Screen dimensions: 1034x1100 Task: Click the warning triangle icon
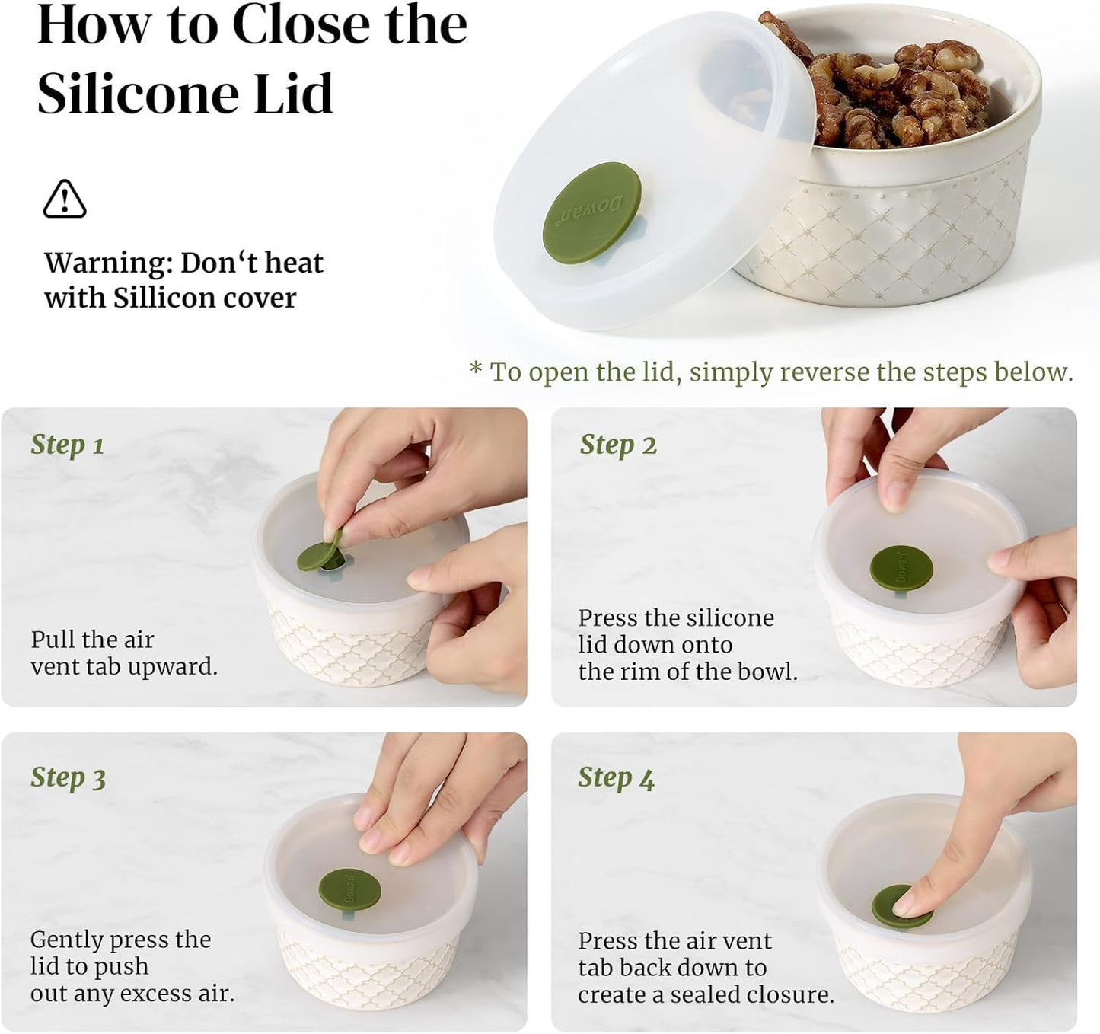[65, 199]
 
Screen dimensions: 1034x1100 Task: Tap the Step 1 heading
[67, 445]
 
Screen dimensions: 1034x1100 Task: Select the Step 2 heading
[617, 445]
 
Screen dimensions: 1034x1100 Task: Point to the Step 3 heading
[68, 778]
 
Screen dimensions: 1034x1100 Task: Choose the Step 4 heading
[616, 778]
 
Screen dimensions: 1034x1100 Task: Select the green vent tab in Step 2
[901, 568]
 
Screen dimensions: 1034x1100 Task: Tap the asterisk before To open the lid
[476, 371]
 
